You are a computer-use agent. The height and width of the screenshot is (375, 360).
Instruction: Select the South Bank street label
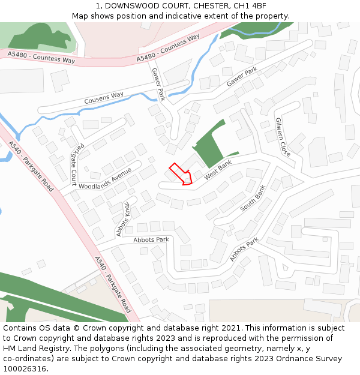(x=253, y=200)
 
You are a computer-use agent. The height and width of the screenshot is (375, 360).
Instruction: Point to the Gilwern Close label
(x=283, y=137)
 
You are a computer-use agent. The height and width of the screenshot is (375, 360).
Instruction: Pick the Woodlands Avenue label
(x=104, y=178)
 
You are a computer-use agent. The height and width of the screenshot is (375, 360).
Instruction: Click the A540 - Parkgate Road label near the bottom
(x=112, y=284)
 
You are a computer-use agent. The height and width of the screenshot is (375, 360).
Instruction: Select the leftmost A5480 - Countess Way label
(x=41, y=58)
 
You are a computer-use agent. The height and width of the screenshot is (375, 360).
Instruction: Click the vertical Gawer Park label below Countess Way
(x=158, y=84)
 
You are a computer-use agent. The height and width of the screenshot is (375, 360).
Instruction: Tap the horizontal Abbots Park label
(x=151, y=239)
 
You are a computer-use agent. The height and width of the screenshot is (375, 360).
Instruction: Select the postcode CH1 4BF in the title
(x=250, y=6)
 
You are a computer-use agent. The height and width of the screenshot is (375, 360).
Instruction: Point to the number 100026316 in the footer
(x=25, y=368)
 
